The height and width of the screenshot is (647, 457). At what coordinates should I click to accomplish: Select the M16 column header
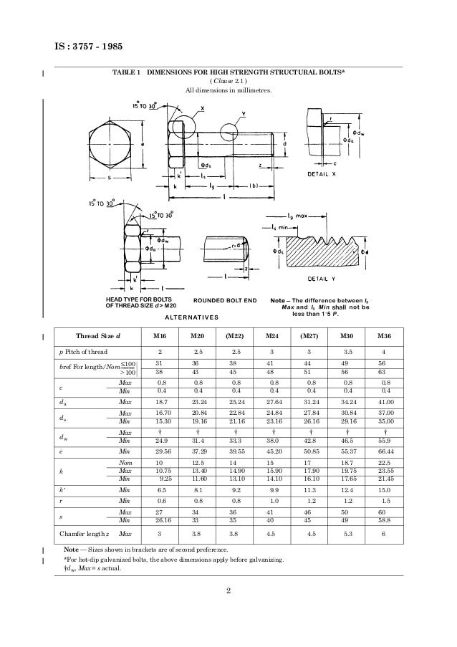[150, 335]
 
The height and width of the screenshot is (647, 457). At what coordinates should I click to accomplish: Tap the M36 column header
[385, 335]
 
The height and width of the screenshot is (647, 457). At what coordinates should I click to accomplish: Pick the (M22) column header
[233, 335]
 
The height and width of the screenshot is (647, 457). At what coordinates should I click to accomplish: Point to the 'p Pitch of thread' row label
[87, 352]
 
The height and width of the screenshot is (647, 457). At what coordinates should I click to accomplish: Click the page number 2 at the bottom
[228, 590]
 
